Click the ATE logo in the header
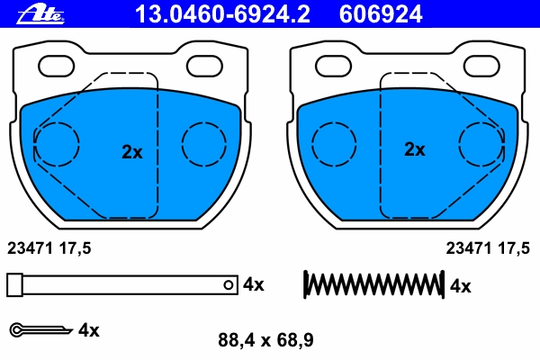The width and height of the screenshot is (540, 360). (40, 14)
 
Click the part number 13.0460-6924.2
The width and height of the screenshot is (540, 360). (222, 14)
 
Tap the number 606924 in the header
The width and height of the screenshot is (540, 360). (381, 14)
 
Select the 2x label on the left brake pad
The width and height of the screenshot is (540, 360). (132, 151)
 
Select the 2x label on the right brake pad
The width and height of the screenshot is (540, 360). (415, 149)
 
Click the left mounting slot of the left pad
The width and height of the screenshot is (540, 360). (56, 66)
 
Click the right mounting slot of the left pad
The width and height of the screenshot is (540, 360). (204, 66)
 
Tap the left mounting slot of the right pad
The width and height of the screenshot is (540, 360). (333, 66)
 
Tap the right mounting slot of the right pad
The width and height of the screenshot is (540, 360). (481, 66)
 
